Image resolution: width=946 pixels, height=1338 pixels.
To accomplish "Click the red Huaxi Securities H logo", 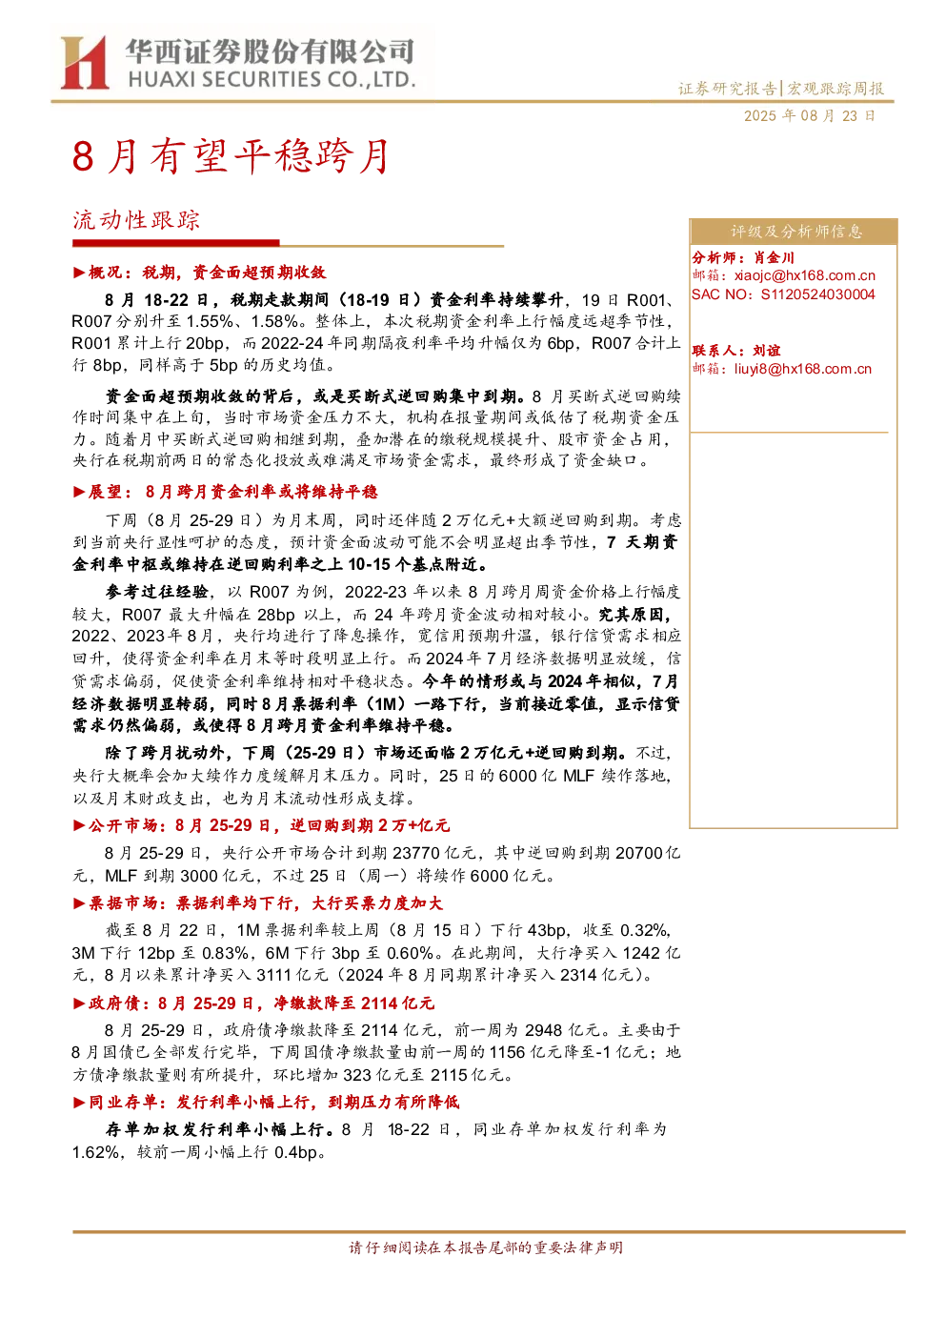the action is coord(84,62).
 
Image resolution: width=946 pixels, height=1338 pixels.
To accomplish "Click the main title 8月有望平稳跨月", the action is coord(231,156).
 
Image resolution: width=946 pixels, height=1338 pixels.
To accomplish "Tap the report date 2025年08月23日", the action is coord(809,116).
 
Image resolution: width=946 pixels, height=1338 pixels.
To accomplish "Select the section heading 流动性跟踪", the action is coord(136,220).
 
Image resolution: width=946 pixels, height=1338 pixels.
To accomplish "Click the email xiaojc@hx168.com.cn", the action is coord(804,275).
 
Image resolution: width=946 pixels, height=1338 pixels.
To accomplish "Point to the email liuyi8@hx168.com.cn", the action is coord(803,369).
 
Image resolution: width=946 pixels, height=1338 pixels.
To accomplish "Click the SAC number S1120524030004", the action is coord(817,294).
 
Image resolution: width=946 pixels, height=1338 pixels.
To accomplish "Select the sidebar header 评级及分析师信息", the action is coord(796,232).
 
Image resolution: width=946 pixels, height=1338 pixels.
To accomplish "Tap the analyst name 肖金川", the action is coord(774,258).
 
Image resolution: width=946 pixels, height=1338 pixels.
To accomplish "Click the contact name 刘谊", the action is coord(767,351).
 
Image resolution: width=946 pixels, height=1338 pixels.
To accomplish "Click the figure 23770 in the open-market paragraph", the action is coord(423,854).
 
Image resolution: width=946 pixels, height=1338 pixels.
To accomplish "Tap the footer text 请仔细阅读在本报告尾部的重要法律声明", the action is coord(486,1247).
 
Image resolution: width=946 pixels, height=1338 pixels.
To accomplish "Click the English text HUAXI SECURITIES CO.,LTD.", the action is coord(272,79).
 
